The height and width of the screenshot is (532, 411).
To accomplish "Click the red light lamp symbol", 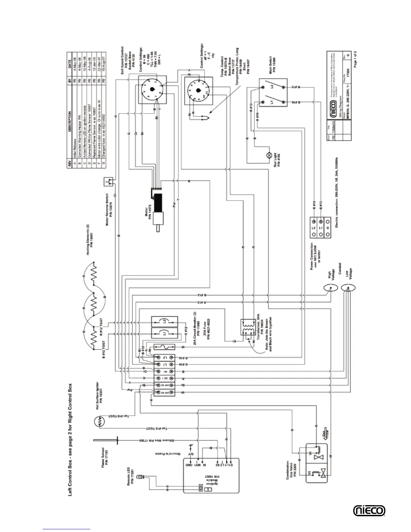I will pyautogui.click(x=269, y=155).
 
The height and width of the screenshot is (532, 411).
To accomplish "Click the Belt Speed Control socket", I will pyautogui.click(x=152, y=89).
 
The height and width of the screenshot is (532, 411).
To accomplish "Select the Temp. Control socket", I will pyautogui.click(x=198, y=91).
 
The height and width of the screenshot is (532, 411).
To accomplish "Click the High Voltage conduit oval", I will pyautogui.click(x=330, y=288).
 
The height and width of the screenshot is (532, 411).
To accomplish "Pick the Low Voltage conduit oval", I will pyautogui.click(x=347, y=288).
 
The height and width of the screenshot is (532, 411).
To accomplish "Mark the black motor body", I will pyautogui.click(x=157, y=203).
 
